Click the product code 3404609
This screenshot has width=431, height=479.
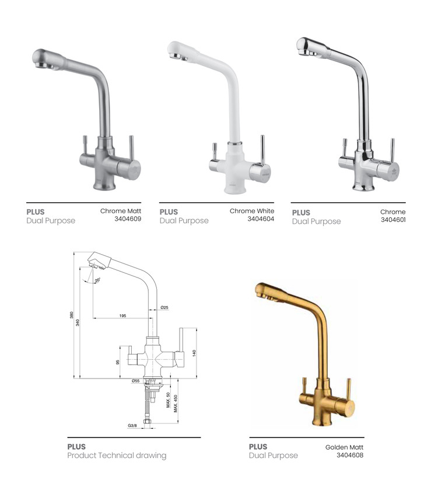pos(128,218)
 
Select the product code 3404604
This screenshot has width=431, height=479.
pos(261,218)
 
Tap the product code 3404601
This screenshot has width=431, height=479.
pos(393,220)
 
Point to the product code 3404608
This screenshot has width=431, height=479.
pos(350,455)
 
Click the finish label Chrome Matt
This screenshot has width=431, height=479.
pos(121,211)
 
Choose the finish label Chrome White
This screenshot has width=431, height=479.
pos(252,211)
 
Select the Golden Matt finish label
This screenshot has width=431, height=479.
pos(344,447)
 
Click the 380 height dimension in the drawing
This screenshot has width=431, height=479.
pos(71,315)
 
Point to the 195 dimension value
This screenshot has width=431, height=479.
pos(122,315)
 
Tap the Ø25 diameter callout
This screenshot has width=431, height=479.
pos(164,307)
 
